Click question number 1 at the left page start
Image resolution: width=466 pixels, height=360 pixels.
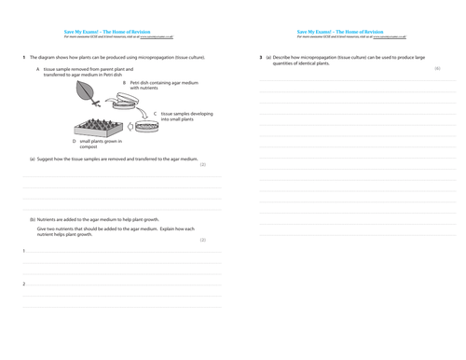click(x=23, y=58)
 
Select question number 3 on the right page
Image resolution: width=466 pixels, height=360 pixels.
click(x=261, y=58)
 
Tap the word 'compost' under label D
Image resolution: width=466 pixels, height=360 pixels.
click(x=89, y=145)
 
